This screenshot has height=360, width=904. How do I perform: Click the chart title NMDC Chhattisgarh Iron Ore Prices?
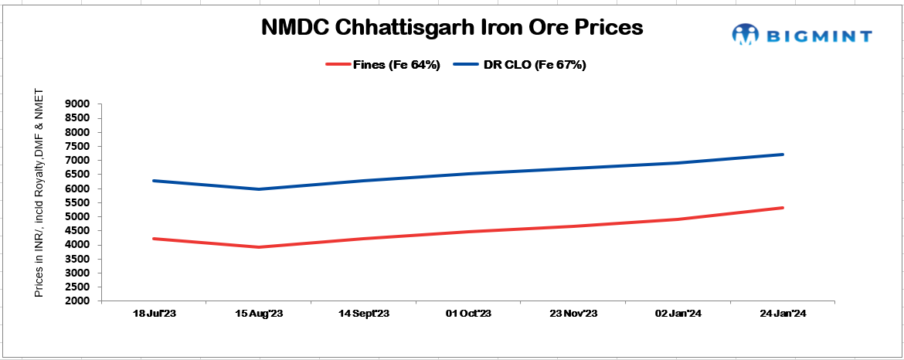pos(451,28)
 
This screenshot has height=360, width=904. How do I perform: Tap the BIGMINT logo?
pos(802,35)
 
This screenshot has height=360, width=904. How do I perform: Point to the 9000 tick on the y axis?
pos(80,104)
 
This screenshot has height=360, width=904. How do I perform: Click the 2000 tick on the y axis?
pos(80,301)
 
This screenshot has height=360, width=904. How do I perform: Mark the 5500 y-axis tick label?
pos(80,202)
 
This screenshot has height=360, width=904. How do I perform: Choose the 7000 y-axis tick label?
pos(80,161)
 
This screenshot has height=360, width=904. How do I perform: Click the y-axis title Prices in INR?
pos(39,193)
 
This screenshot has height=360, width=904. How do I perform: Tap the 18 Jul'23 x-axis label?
pos(154,313)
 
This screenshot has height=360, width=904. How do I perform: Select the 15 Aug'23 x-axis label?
pos(259,313)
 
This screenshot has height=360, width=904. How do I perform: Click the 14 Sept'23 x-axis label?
pos(364,313)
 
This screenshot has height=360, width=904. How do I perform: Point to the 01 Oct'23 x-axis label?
pos(469,313)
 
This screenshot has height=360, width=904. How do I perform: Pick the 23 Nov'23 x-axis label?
pos(574,313)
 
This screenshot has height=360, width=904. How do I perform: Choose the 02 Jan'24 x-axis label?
pos(678,313)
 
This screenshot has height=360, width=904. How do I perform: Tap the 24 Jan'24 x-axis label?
pos(783,313)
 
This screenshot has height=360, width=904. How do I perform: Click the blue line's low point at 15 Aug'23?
pos(259,189)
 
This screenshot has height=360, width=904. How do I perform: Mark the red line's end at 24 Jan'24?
pos(783,208)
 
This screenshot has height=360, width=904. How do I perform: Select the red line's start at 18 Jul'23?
pos(154,239)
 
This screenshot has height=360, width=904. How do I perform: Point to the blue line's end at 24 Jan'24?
pos(783,155)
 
